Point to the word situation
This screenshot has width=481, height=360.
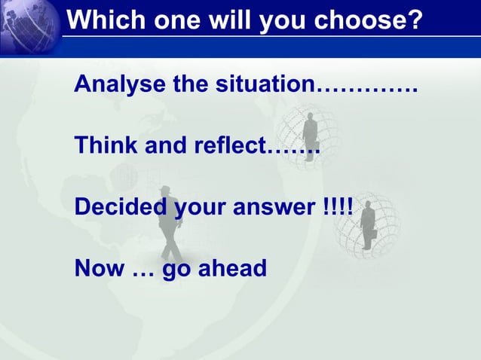263,84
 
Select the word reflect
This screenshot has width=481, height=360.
230,145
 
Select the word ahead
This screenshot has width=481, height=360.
232,267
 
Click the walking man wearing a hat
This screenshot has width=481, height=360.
170,222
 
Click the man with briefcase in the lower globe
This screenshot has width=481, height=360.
369,224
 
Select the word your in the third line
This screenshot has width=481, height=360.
200,207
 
